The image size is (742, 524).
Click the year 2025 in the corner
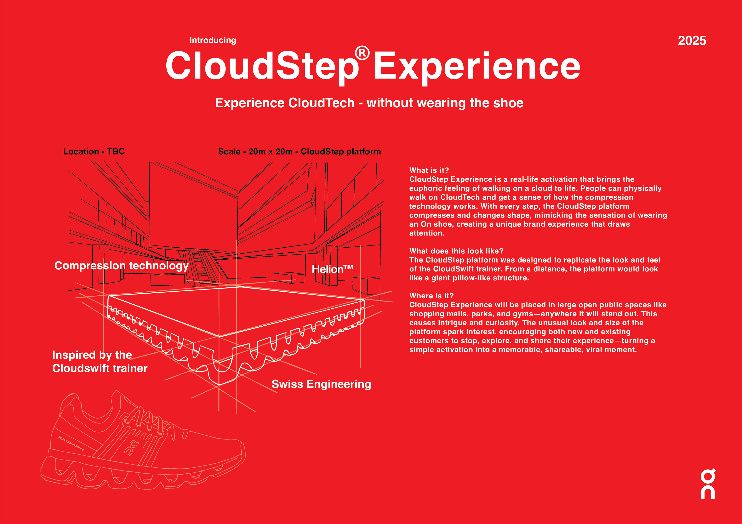pyautogui.click(x=692, y=41)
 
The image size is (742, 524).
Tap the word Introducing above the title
pyautogui.click(x=213, y=40)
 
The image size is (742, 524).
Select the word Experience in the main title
pyautogui.click(x=477, y=67)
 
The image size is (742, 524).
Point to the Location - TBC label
pyautogui.click(x=94, y=152)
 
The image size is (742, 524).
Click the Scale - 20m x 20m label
pyautogui.click(x=299, y=152)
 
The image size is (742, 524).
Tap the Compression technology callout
pyautogui.click(x=122, y=266)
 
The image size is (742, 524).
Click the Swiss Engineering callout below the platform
pyautogui.click(x=321, y=384)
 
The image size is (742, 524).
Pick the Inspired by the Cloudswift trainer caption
pyautogui.click(x=100, y=362)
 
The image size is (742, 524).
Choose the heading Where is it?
pyautogui.click(x=431, y=296)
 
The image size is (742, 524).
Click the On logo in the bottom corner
pyautogui.click(x=708, y=484)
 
